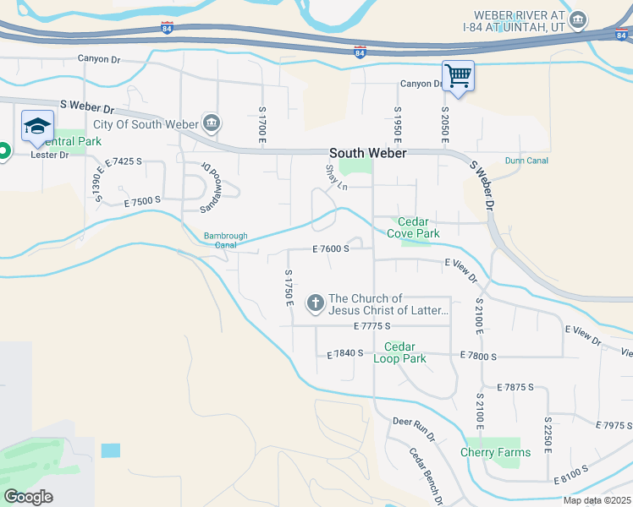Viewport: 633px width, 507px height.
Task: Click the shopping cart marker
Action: tap(458, 75)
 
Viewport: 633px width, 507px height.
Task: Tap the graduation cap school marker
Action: tap(36, 126)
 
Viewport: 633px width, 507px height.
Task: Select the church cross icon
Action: tap(316, 303)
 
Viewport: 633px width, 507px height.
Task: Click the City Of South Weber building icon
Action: tap(211, 123)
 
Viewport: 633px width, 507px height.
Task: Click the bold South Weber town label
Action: tap(368, 153)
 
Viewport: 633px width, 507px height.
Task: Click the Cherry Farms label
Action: tap(495, 452)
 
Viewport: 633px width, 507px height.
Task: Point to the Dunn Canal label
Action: tap(526, 161)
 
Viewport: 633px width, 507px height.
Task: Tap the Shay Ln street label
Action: tap(335, 177)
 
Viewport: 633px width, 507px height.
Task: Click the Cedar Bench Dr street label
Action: tap(427, 476)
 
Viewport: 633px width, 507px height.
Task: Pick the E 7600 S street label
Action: tap(330, 248)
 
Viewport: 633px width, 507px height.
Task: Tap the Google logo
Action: tap(28, 496)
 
